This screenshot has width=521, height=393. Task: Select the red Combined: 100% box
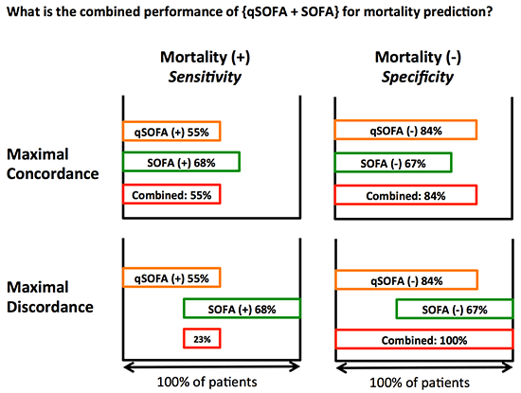coord(406,339)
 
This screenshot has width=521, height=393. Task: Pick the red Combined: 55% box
coord(171,194)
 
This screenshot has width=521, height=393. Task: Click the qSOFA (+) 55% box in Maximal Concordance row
coord(171,132)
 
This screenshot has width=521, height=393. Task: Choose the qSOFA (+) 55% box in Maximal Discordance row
coord(171,277)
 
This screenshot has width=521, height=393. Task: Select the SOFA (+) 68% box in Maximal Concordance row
coord(181,163)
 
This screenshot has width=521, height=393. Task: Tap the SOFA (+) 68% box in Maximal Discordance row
coord(242,309)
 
